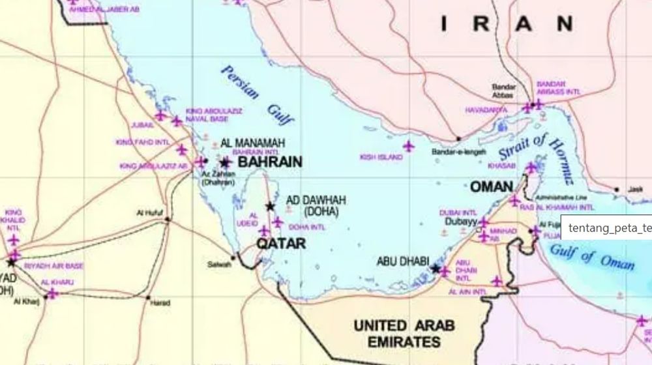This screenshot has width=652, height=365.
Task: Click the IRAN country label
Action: coord(507,24)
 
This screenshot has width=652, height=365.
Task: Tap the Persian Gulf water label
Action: coord(258,95)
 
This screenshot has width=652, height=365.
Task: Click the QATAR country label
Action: coord(280,244)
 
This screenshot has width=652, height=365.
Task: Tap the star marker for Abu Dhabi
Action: coord(436,268)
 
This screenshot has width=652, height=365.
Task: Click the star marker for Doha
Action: coord(270,207)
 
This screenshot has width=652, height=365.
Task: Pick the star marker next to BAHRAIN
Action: coord(226,163)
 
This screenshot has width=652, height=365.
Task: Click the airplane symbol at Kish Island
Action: coord(409,146)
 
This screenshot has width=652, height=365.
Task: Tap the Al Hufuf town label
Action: coord(149,212)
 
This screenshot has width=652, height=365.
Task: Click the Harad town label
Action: coord(160,303)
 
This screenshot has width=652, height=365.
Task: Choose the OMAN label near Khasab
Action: coord(492,187)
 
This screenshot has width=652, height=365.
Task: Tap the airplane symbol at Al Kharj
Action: coord(52,293)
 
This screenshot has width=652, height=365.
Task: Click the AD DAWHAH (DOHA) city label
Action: coord(316,205)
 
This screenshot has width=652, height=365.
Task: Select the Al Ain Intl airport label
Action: coord(468,293)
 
